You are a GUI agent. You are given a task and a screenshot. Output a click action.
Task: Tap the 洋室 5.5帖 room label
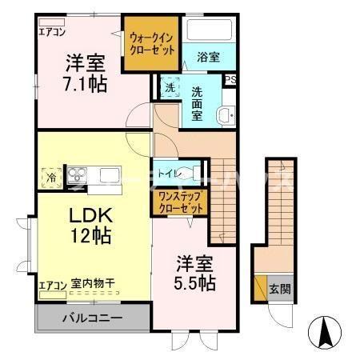click(x=194, y=273)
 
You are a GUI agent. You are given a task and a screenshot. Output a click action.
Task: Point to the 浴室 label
click(x=207, y=58)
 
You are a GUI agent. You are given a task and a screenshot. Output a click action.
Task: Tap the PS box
click(x=230, y=79)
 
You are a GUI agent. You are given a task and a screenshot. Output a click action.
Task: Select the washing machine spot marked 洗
click(x=170, y=88)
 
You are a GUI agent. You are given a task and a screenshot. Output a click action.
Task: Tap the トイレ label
click(x=168, y=173)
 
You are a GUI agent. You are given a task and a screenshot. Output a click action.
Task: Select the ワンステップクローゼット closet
click(x=177, y=201)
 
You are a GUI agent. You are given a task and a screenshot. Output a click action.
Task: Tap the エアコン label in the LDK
click(x=52, y=284)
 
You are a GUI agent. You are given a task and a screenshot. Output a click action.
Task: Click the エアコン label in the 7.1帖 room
click(x=54, y=32)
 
